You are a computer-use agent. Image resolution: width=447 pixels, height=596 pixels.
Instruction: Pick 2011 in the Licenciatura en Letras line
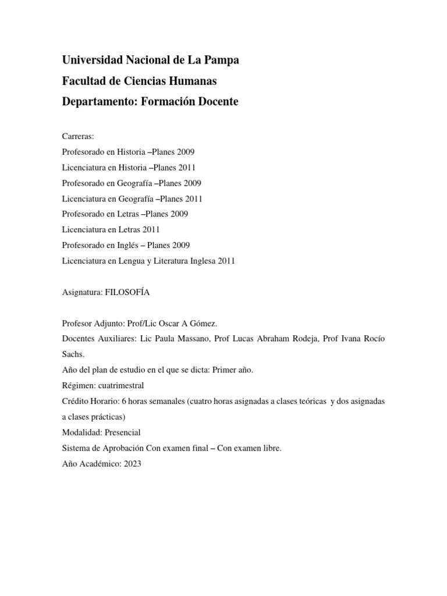coord(150,230)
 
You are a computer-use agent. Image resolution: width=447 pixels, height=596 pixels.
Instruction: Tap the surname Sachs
coord(73,353)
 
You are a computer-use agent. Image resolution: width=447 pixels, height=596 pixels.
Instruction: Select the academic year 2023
coord(132,464)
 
